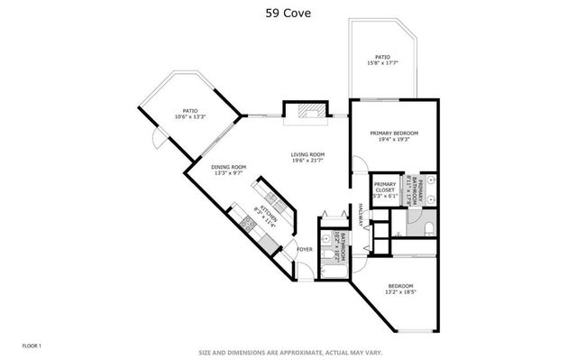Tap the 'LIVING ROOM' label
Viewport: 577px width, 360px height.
pos(307,154)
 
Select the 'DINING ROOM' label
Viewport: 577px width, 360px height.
pos(229,166)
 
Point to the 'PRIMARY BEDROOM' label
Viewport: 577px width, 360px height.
pos(394,134)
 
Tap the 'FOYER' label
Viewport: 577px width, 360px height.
pos(305,249)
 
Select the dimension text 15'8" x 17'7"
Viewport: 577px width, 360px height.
pos(382,63)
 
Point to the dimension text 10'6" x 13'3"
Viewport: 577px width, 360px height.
pos(190,116)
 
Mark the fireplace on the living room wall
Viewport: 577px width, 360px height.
pos(306,111)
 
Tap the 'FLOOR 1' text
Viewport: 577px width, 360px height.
pos(32,345)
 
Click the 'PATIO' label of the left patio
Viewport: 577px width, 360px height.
pos(190,110)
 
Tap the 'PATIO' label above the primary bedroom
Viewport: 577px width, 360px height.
pos(382,56)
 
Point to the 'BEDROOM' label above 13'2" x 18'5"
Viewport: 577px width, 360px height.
pos(400,286)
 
